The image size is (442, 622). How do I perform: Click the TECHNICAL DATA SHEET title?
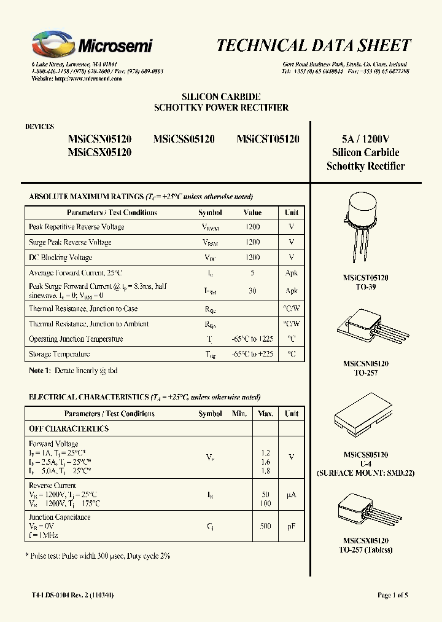[314, 45]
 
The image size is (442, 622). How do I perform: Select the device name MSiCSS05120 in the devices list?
[184, 140]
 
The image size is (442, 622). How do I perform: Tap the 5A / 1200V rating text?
[365, 139]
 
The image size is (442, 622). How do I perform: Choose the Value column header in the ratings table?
[252, 213]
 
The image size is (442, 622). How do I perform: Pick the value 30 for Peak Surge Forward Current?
[252, 291]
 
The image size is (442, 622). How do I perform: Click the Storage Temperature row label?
[59, 354]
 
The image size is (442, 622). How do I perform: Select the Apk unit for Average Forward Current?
[291, 272]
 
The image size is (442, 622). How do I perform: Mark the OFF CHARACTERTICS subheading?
[69, 428]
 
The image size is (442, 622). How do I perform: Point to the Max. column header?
[265, 414]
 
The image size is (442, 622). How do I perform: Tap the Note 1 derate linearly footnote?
[73, 371]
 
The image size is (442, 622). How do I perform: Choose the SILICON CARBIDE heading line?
[221, 97]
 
